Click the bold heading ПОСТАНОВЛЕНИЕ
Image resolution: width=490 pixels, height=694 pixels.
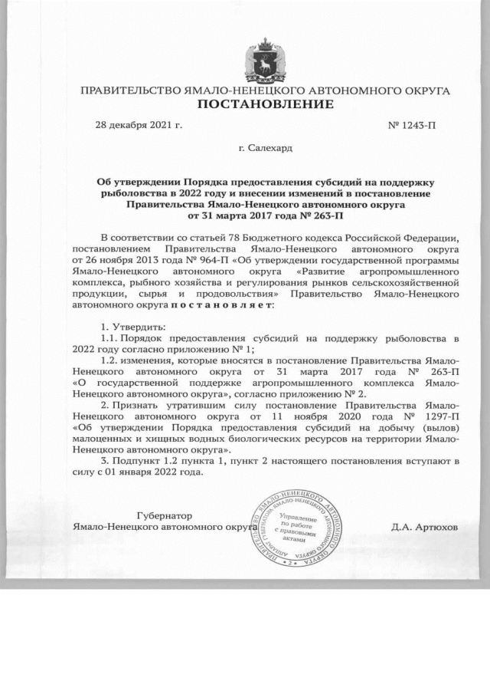[265, 105]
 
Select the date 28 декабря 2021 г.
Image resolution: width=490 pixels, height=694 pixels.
[138, 124]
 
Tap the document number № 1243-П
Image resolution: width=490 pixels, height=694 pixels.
[412, 124]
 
